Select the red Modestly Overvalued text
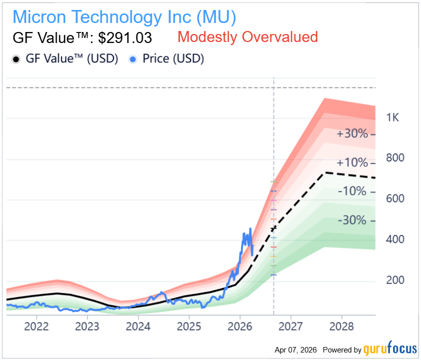pyautogui.click(x=247, y=37)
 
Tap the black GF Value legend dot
pyautogui.click(x=15, y=59)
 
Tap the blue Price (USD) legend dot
pyautogui.click(x=133, y=59)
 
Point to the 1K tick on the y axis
pyautogui.click(x=392, y=118)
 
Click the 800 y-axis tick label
pyautogui.click(x=395, y=158)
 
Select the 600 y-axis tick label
pyautogui.click(x=395, y=198)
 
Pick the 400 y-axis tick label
pyautogui.click(x=395, y=239)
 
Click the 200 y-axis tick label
pyautogui.click(x=395, y=280)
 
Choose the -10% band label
pyautogui.click(x=353, y=191)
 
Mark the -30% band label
pyautogui.click(x=353, y=220)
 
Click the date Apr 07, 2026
pyautogui.click(x=295, y=349)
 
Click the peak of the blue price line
pyautogui.click(x=250, y=228)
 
